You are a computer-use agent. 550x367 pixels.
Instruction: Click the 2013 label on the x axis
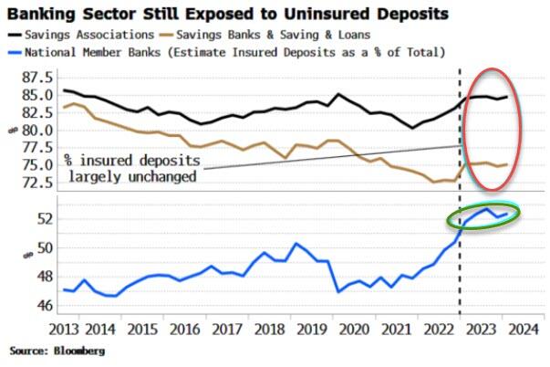pos(75,329)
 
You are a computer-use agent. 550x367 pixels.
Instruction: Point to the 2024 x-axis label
pos(523,329)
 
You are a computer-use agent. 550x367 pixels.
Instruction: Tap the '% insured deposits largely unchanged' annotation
pos(134,168)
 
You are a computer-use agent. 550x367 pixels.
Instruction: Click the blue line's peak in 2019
pos(296,244)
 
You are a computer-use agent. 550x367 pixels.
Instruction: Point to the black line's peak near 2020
pos(338,94)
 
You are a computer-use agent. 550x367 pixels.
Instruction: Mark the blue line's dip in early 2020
pos(338,291)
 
